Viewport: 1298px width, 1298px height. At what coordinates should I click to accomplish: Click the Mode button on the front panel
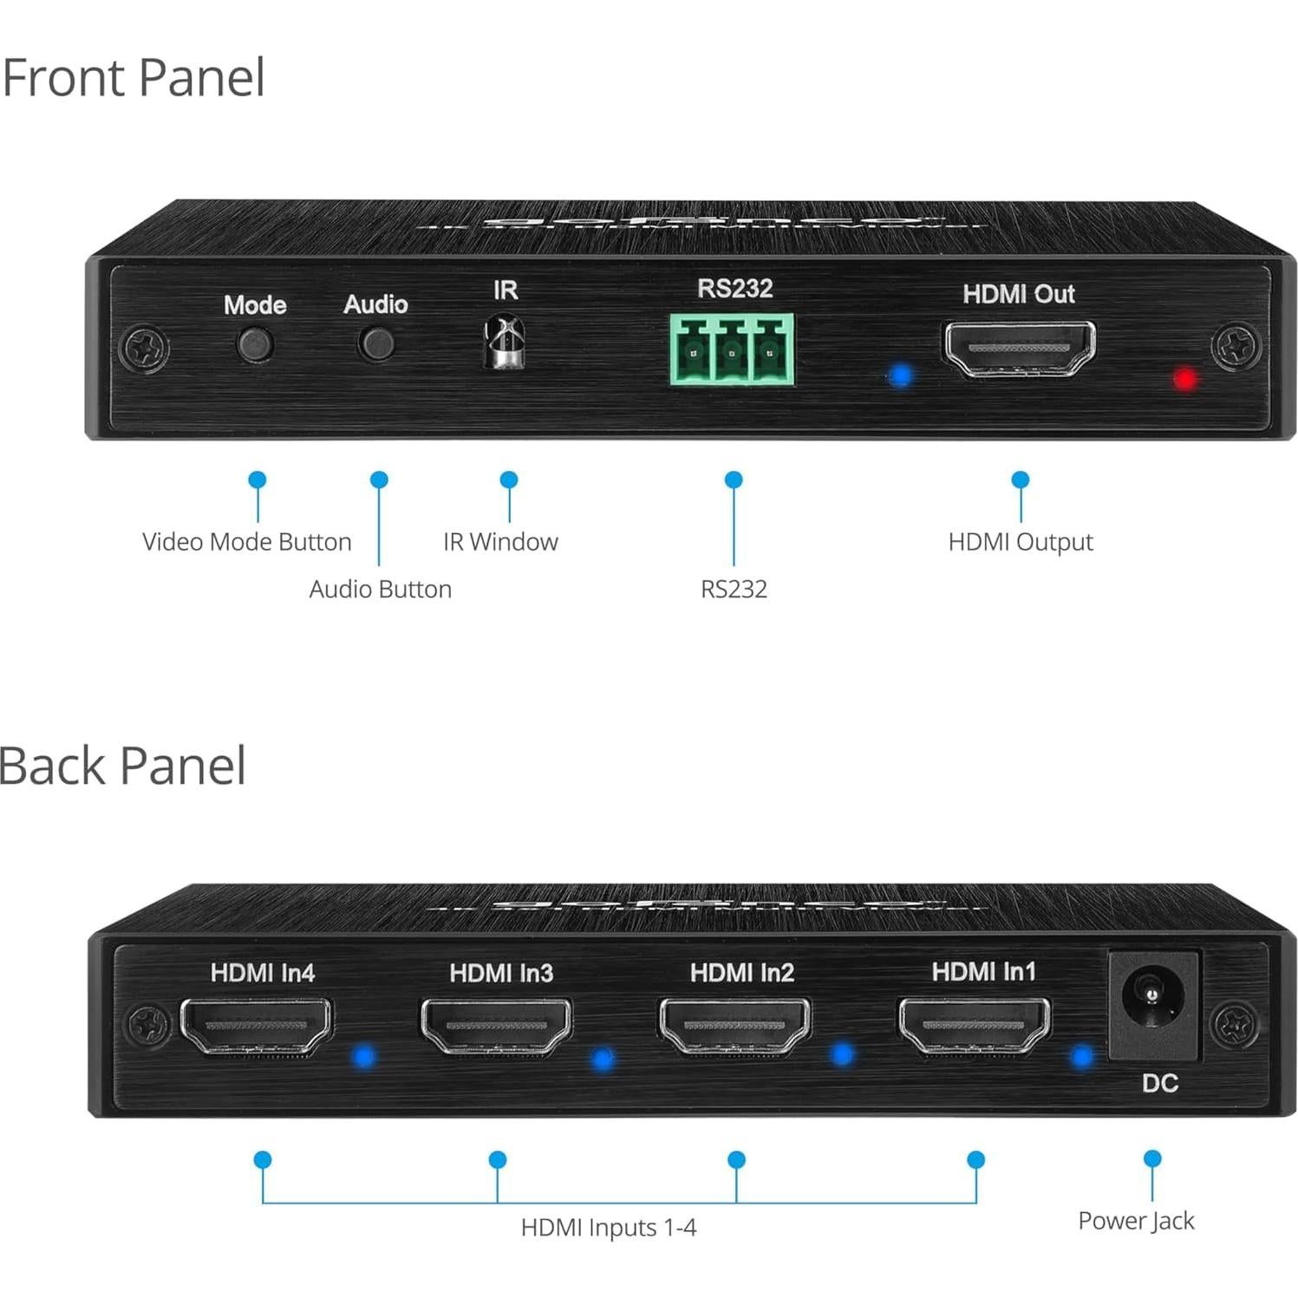pos(255,344)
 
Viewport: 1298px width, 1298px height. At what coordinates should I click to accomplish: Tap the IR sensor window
pos(505,343)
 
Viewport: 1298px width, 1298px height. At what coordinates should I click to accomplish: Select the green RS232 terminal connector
pos(732,349)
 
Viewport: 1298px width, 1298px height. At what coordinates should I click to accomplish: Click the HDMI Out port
pos(1020,349)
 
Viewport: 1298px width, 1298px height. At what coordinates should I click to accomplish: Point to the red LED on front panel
pos(1185,379)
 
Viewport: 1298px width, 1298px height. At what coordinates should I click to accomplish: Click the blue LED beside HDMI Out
pos(901,376)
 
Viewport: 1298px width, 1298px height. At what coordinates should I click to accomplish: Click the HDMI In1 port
pos(975,1025)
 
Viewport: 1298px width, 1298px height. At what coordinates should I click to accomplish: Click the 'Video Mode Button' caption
pos(246,542)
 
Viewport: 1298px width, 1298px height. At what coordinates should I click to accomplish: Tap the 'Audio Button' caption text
pos(380,590)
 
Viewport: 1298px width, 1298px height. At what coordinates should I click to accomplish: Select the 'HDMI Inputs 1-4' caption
pos(608,1228)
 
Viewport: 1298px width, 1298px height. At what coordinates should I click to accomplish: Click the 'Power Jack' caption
pos(1136,1221)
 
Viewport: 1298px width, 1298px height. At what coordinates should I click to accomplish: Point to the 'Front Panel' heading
pos(134,78)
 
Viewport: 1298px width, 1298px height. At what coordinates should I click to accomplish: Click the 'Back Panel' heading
pos(123,766)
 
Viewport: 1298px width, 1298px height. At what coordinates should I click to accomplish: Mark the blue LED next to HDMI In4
pos(363,1056)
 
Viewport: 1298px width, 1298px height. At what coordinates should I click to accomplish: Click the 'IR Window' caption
pos(500,542)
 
